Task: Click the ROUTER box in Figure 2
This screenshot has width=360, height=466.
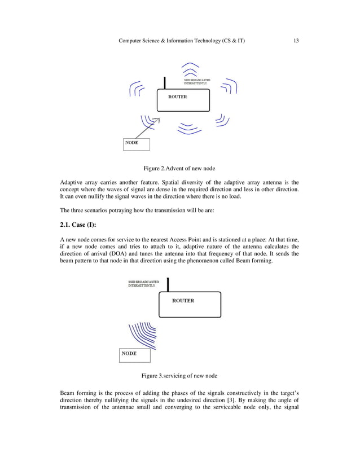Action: click(x=183, y=100)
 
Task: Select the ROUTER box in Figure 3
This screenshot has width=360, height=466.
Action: click(x=189, y=305)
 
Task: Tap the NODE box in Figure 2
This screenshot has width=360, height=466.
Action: click(x=137, y=144)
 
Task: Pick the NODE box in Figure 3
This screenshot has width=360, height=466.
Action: click(x=135, y=355)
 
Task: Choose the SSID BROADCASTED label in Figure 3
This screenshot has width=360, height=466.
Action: click(x=143, y=283)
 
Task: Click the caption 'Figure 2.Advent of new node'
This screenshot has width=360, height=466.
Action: click(x=179, y=168)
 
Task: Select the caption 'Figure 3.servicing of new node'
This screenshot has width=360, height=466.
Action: click(x=179, y=376)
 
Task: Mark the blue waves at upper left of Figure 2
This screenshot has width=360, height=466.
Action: click(x=136, y=89)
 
